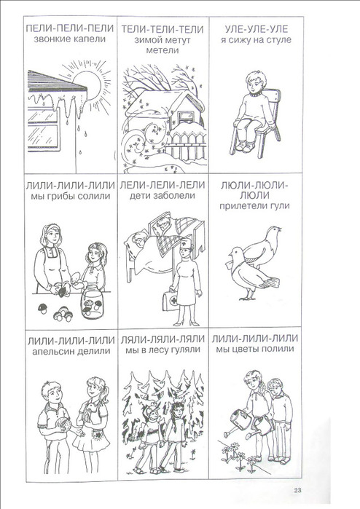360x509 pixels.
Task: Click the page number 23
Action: point(297,490)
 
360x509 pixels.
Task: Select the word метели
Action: point(163,50)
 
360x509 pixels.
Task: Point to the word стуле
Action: point(279,40)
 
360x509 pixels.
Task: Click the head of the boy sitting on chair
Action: point(255,82)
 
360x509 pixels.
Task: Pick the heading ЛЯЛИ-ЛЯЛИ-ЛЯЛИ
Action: point(163,339)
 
